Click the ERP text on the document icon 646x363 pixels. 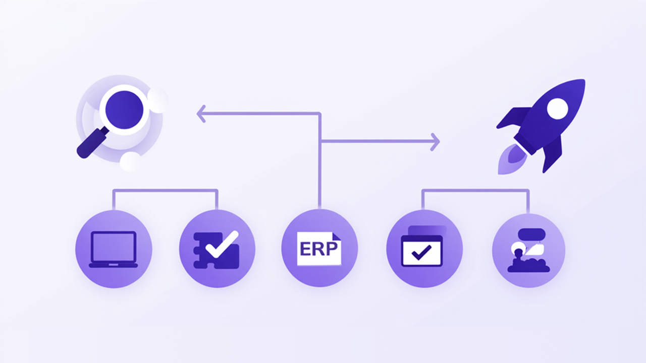pos(318,249)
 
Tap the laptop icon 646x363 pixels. pos(114,249)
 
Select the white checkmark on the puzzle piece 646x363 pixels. pos(222,245)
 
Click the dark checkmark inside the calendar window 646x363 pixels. pos(421,253)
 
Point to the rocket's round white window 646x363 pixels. pos(557,108)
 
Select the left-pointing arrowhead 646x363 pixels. pos(201,114)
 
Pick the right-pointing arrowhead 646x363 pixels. pos(435,142)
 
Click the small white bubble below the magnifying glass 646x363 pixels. pos(130,161)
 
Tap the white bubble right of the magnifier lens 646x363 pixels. pos(158,100)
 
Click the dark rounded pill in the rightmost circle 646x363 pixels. pos(531,234)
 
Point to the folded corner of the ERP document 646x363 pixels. pos(337,237)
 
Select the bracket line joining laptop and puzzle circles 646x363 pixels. pos(165,190)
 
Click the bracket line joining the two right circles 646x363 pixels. pos(475,190)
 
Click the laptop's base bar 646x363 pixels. pos(114,265)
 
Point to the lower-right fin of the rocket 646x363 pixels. pos(552,154)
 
